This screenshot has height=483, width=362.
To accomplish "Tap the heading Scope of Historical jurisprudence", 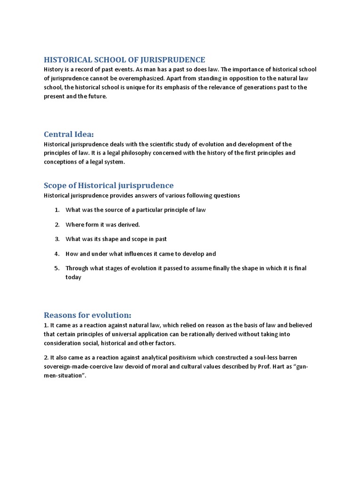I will [108, 185].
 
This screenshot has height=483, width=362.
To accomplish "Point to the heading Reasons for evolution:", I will [87, 315].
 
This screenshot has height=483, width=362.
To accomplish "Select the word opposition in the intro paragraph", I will [222, 78].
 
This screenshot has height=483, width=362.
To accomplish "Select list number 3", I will [57, 239].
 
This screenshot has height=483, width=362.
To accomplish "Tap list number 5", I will [57, 268].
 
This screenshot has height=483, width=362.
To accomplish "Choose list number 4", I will [57, 254].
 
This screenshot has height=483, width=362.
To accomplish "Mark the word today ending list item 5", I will [74, 277].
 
